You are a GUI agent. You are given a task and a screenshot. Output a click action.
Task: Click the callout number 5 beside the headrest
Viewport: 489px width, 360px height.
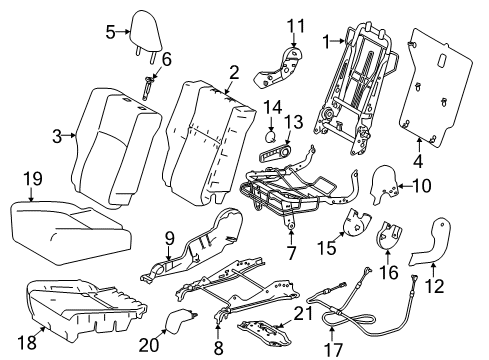(111, 31)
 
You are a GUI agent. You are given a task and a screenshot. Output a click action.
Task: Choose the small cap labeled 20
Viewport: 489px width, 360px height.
(181, 320)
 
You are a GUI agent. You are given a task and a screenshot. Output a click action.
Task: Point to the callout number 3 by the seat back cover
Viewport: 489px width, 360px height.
(57, 135)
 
